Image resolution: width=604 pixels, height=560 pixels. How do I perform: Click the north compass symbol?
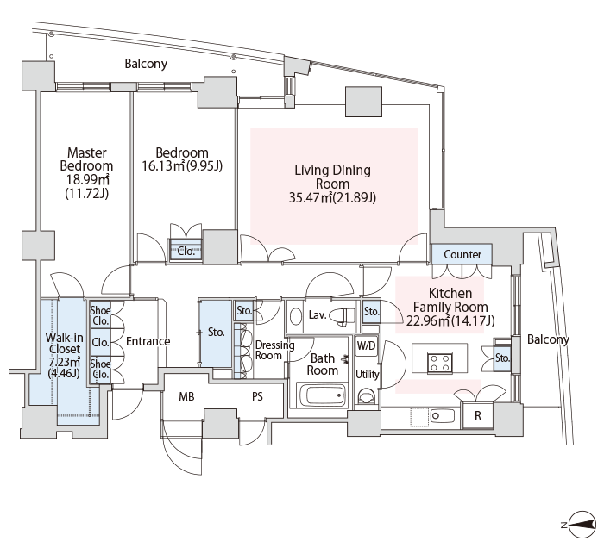tap(582, 524)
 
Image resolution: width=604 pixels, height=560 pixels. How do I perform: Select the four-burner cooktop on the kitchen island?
tap(439, 363)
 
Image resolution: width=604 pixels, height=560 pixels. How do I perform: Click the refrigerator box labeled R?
tap(478, 415)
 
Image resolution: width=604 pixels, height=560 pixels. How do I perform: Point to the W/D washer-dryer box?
tap(366, 345)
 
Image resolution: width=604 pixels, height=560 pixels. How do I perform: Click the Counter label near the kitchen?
tap(462, 254)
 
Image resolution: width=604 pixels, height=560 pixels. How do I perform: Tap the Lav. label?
tap(318, 315)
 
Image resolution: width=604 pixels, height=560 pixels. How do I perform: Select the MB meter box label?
tap(186, 396)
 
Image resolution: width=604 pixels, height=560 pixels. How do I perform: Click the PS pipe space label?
tap(257, 396)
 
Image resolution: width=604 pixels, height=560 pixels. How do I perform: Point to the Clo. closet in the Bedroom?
tap(186, 252)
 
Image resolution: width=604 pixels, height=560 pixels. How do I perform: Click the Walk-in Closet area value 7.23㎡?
tap(65, 362)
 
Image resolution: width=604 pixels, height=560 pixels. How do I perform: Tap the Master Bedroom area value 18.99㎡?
tap(87, 179)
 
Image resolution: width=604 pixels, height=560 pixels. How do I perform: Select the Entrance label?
tap(148, 341)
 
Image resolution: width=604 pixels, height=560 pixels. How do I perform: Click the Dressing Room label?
tap(274, 350)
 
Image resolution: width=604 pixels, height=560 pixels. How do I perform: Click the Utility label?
tap(367, 374)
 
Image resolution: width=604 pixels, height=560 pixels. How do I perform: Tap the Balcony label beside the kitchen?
tap(548, 339)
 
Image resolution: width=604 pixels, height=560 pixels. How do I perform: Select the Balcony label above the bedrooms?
tap(146, 64)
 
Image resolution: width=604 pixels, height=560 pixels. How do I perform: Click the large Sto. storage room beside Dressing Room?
tap(216, 332)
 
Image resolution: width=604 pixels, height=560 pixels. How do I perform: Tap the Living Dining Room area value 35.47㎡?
tap(311, 197)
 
